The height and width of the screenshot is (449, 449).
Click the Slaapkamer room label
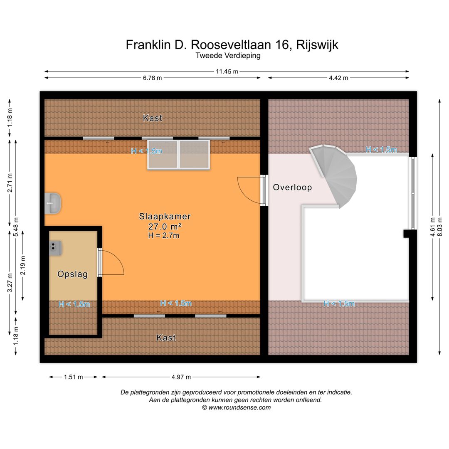point(165,216)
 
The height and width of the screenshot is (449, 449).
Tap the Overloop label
point(292,187)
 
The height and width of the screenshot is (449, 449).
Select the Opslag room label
point(72,274)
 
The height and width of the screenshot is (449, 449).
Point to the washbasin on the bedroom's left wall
point(53,203)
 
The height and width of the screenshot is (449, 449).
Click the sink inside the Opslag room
point(56,248)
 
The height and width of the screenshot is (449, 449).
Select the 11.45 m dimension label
point(227,72)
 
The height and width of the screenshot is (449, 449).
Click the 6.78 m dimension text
point(152,78)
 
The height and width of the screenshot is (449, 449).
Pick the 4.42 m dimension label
point(338,78)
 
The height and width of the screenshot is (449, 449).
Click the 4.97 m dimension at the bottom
point(181,377)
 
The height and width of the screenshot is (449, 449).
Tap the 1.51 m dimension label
point(73,377)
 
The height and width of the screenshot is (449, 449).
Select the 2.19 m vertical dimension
point(23,265)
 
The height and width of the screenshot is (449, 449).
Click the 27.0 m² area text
point(165,227)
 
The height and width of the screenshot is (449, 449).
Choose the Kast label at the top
point(153,118)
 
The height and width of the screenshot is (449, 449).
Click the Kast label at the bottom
point(166,338)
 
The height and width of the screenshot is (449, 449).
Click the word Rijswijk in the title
point(317,45)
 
